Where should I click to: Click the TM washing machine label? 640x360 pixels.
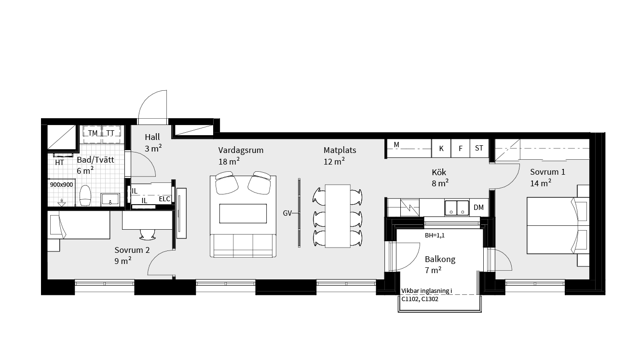[93, 133]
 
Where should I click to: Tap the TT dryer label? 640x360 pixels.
[110, 133]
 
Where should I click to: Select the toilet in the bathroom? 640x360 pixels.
[85, 195]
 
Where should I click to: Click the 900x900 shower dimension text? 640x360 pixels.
[61, 185]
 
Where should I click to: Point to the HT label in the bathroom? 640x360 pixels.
[59, 163]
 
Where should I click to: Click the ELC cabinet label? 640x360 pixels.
[164, 199]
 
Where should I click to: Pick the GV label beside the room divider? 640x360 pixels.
[287, 213]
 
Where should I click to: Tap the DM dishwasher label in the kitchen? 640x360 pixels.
[478, 208]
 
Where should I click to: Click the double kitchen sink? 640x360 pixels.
[457, 208]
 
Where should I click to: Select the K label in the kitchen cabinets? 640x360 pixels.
[441, 149]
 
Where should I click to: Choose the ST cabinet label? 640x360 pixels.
[479, 148]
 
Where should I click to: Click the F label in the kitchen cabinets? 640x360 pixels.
[460, 149]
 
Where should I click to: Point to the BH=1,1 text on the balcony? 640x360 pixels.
[435, 235]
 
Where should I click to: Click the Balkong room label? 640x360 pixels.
[440, 259]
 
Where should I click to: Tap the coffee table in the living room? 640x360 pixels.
[243, 213]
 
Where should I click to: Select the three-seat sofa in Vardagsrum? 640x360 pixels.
[243, 246]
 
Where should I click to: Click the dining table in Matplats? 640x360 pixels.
[338, 216]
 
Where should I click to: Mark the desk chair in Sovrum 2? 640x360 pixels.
[148, 235]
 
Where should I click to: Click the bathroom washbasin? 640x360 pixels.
[110, 199]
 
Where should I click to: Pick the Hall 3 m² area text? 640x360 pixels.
[153, 143]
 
